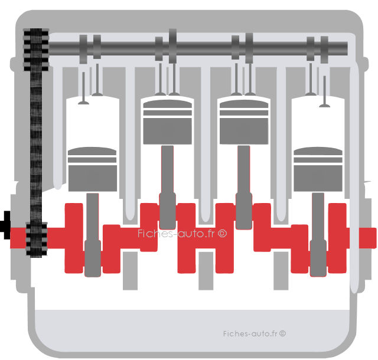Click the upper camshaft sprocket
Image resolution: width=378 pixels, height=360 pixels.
[36, 50]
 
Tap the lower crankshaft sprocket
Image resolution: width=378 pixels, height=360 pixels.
[37, 240]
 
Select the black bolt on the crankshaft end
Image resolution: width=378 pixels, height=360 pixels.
[5, 225]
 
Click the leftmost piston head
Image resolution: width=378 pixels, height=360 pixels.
[92, 169]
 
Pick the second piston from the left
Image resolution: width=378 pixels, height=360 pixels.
[168, 122]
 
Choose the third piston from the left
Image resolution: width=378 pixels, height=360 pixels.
[244, 122]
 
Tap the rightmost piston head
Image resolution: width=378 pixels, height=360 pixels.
[318, 169]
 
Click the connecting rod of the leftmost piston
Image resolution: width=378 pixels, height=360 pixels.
[93, 235]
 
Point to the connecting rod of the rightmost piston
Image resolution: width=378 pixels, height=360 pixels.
[318, 235]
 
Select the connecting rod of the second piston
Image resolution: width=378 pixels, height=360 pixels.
[168, 187]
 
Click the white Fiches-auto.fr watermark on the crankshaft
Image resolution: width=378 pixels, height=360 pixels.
[183, 234]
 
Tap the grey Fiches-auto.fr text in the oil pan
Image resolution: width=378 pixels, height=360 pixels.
[255, 333]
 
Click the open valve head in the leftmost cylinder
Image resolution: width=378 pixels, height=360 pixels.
[83, 103]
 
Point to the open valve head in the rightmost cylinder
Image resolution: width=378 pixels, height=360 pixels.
[325, 105]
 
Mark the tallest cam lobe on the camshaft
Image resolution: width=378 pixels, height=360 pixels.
[172, 46]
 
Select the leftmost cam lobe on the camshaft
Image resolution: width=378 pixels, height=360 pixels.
[83, 49]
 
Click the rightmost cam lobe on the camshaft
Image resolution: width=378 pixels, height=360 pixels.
[324, 50]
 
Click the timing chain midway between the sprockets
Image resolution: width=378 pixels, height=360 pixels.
[36, 146]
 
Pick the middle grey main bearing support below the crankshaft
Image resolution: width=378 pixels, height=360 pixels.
[206, 271]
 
